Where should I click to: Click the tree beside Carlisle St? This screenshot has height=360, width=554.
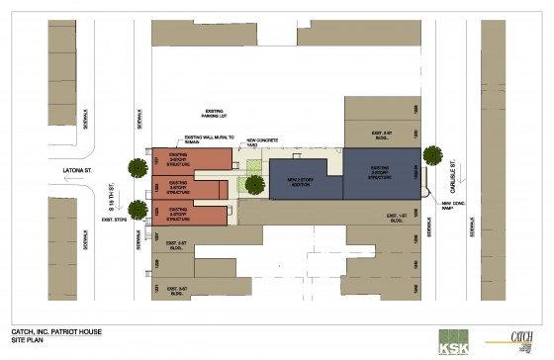click(x=432, y=154)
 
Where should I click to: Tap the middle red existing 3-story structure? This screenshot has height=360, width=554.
click(x=178, y=186)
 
